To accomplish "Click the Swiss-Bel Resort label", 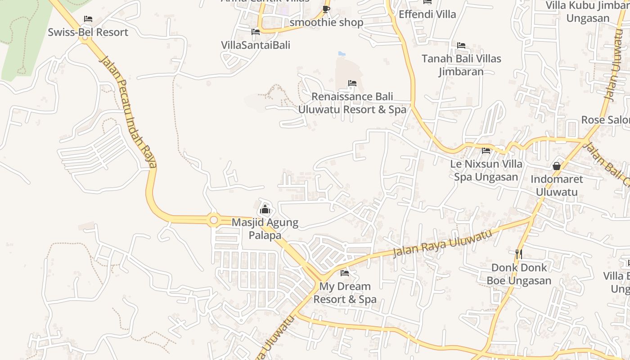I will click(x=88, y=32).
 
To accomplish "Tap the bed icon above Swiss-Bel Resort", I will click(x=88, y=19).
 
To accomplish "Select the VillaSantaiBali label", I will click(x=255, y=45).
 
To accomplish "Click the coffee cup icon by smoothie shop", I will click(x=326, y=9).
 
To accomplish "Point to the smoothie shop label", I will click(x=326, y=22).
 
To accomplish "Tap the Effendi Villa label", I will click(x=427, y=14).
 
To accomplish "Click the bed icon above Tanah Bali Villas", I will click(x=461, y=45).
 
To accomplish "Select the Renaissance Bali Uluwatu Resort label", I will click(x=352, y=103).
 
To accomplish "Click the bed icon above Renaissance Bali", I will click(x=352, y=83).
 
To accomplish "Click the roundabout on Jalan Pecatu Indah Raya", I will click(x=214, y=220).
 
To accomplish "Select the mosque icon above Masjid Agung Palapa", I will click(x=265, y=210).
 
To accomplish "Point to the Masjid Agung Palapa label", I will click(x=265, y=229).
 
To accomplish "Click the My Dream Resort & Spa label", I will click(x=345, y=293).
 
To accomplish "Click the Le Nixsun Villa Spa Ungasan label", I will click(x=486, y=171).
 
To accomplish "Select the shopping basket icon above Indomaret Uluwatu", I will click(x=557, y=166).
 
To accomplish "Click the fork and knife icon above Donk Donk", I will click(x=519, y=254).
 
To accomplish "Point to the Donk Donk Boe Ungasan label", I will click(x=519, y=274).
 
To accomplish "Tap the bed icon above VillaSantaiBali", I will click(x=256, y=32).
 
